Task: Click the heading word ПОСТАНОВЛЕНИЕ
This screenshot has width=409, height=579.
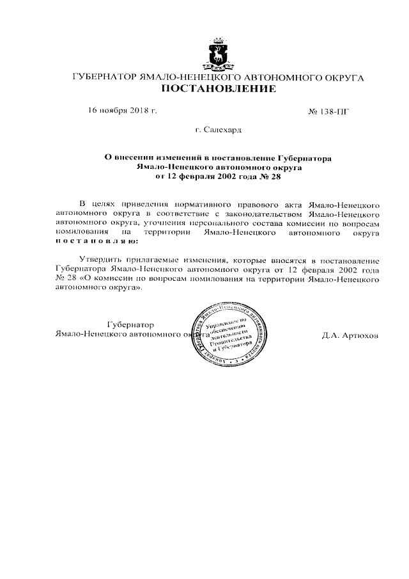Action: pyautogui.click(x=219, y=89)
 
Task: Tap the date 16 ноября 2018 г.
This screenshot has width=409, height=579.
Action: pyautogui.click(x=123, y=111)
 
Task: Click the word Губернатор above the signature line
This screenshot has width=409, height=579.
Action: pyautogui.click(x=130, y=324)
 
